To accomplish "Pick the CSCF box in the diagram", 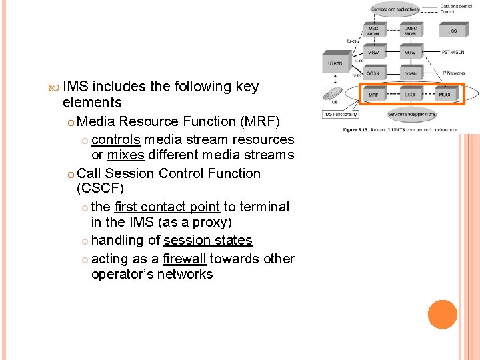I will click(411, 95).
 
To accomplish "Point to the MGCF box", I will click(445, 95).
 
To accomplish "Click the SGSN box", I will click(374, 73).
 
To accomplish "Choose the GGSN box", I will click(410, 73).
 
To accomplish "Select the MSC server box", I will click(374, 31).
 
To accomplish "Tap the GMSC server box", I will click(410, 31).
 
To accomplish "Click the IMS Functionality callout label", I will click(341, 115).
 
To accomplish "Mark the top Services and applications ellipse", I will click(395, 9).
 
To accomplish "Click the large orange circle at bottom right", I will click(443, 315).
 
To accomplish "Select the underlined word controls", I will click(115, 139).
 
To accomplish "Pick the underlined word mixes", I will click(125, 155).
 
